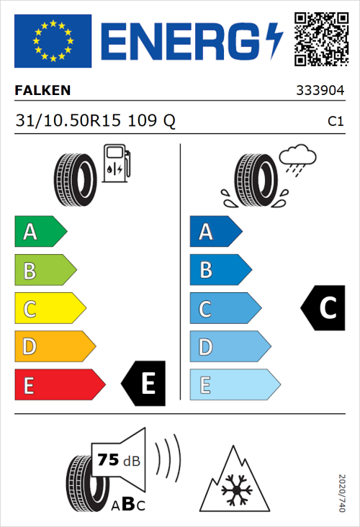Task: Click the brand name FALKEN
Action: [x=43, y=91]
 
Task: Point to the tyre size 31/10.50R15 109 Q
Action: [x=95, y=121]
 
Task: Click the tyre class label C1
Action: [x=335, y=122]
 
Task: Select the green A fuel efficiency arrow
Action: [x=40, y=232]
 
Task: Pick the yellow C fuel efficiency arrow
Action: [x=49, y=309]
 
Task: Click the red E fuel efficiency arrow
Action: [x=59, y=385]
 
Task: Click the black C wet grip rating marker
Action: [x=323, y=308]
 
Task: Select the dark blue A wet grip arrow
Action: [x=215, y=232]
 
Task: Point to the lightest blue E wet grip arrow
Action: [x=234, y=385]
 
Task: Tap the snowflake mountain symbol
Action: [x=233, y=479]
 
